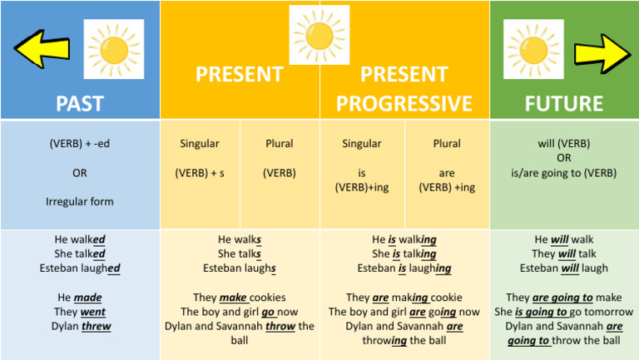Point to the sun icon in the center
tap(319, 34)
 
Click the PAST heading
tap(80, 103)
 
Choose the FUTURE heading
tap(564, 103)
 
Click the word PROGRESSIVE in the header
tap(404, 103)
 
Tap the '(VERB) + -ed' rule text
tap(80, 143)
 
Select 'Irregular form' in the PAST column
tap(80, 201)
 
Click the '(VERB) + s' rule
tap(200, 173)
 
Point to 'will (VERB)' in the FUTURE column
tap(564, 143)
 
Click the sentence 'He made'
tap(80, 297)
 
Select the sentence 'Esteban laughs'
tap(240, 268)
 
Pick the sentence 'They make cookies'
tap(240, 297)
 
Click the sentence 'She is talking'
tap(404, 254)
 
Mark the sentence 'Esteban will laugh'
tap(564, 268)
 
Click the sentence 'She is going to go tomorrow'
tap(564, 312)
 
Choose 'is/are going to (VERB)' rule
tap(564, 173)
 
